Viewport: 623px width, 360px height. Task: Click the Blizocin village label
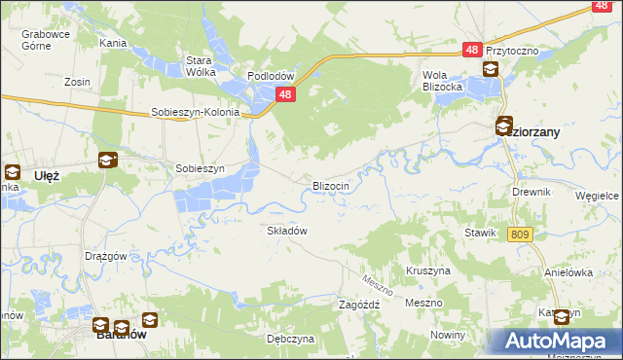coord(337,185)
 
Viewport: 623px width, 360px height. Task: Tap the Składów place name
coord(287,231)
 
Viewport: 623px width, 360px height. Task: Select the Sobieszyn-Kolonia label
coord(195,112)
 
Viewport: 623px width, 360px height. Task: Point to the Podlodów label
coord(271,76)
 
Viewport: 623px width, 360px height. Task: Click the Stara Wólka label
coord(200,65)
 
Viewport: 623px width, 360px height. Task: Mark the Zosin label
coord(77,82)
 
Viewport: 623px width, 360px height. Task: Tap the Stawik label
coord(481,234)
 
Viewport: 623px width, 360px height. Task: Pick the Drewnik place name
coord(531,192)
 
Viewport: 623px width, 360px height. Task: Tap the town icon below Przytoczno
coord(490,69)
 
